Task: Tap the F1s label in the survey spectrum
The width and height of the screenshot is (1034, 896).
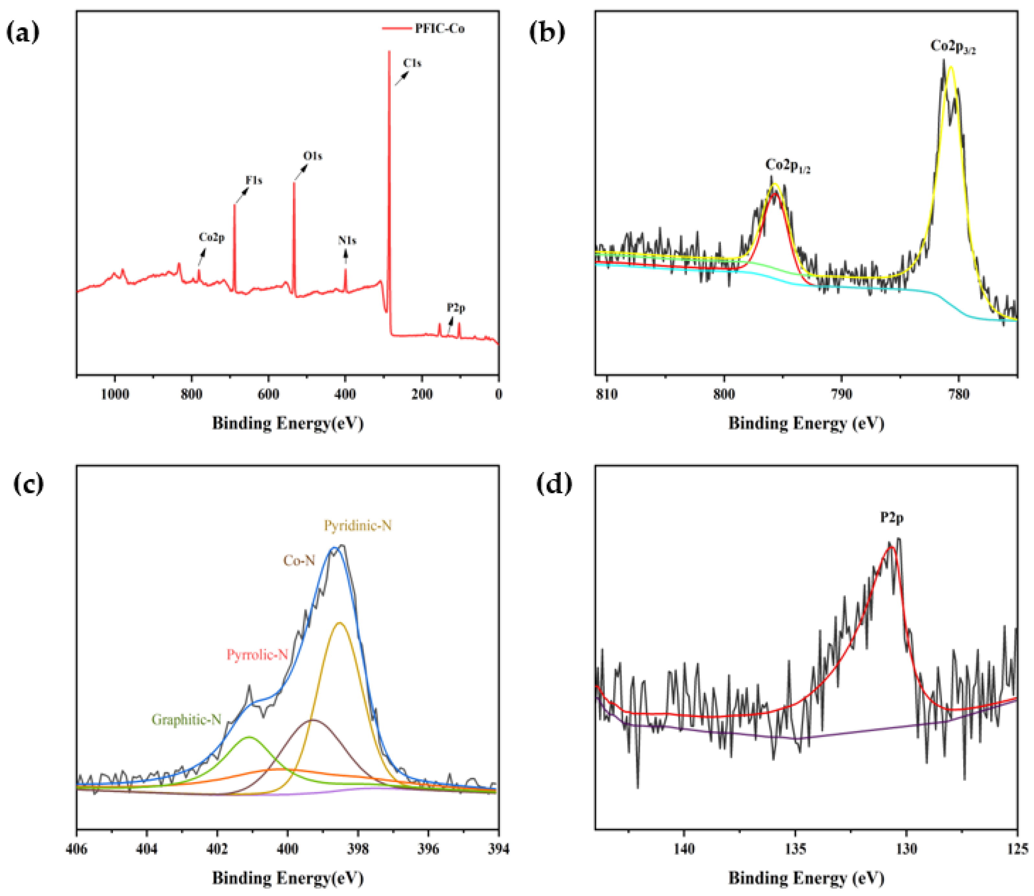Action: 254,180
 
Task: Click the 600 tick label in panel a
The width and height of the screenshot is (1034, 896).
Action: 268,395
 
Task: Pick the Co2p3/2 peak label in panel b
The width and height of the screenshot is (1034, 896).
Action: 953,47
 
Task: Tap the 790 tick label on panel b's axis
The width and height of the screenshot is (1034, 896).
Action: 841,395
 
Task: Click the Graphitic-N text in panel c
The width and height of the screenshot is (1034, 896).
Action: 186,720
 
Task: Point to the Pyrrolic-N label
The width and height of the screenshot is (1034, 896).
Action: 257,655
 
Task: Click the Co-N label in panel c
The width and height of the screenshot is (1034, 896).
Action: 299,561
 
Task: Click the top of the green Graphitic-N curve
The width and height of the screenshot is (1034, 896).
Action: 249,737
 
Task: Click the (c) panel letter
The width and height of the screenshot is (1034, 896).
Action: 29,484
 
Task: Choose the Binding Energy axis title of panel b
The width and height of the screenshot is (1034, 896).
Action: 806,423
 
